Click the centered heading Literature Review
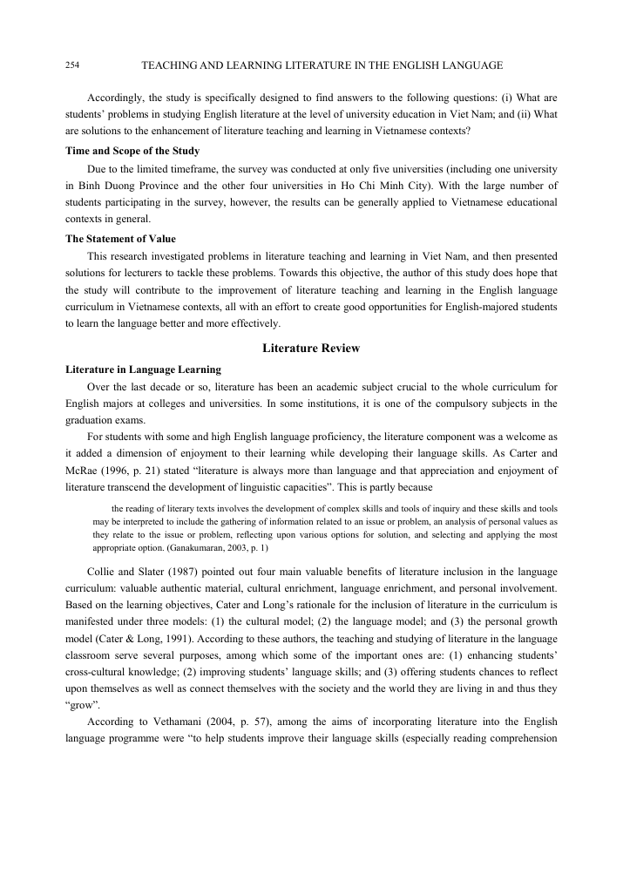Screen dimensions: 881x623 pyautogui.click(x=311, y=348)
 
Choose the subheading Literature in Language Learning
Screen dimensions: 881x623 pyautogui.click(x=143, y=369)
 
